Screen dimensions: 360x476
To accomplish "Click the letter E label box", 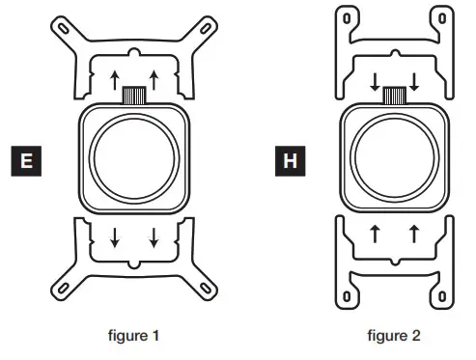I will (x=26, y=158).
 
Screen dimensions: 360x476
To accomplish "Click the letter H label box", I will (x=288, y=158).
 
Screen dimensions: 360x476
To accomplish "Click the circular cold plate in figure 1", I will (x=133, y=159).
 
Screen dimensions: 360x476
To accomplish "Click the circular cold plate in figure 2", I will (x=392, y=158).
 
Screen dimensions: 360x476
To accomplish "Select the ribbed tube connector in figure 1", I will (x=133, y=95).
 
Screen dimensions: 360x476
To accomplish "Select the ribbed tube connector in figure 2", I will (x=393, y=95).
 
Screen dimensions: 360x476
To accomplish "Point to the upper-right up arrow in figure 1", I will (x=154, y=77).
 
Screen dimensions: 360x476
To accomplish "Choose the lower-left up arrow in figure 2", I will (x=373, y=233).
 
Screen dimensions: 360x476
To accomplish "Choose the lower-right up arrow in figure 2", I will (x=413, y=233).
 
